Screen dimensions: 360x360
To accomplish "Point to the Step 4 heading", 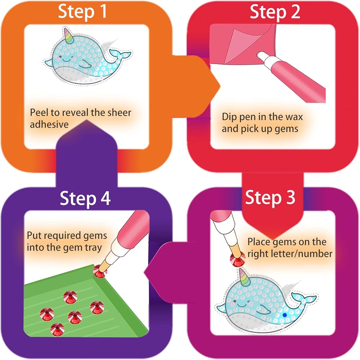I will [x=85, y=198].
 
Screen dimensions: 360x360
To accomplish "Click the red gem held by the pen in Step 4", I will [x=100, y=271].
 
